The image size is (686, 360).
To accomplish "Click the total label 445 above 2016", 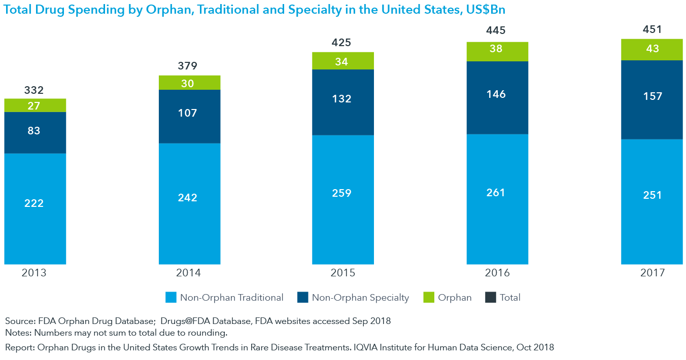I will tap(496, 31).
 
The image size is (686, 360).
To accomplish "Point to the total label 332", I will tap(34, 90).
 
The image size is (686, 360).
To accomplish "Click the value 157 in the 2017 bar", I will tap(652, 96).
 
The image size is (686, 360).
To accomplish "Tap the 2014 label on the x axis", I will tap(188, 273).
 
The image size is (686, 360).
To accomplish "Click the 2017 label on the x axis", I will tap(652, 273).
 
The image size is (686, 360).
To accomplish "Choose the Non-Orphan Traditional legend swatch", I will tap(171, 298).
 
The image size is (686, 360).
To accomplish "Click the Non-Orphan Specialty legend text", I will tap(360, 298).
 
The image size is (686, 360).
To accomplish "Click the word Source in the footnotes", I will tap(19, 321).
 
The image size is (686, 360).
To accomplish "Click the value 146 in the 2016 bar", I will tap(496, 94).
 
